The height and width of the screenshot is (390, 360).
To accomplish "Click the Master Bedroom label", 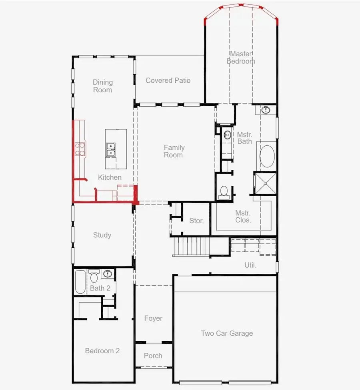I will pos(241,58).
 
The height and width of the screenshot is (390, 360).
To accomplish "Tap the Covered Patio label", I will pos(168,80).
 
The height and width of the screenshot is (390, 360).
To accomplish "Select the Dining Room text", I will pos(103,86).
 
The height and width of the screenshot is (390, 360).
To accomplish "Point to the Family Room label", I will pos(174,151).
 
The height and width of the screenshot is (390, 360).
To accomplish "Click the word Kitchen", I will pos(110,177).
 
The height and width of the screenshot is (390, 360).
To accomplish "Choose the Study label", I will pos(102,235).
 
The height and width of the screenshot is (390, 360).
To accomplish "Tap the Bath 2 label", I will pos(100,288).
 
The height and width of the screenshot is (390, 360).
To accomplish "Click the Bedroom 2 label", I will pos(102,351).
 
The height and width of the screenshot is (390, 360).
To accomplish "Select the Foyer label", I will pos(153,318).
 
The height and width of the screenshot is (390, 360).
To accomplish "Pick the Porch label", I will pos(153,356).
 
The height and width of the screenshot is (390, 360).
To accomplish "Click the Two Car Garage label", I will pos(227,333).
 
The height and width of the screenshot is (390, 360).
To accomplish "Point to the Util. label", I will pos(250,265).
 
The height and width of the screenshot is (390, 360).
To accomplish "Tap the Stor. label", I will pos(196,221).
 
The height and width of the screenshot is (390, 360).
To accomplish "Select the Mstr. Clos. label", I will pos(243,216).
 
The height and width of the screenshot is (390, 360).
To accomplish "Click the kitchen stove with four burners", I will pos(80,149).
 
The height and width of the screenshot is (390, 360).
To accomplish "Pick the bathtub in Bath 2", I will pos(80,283).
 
